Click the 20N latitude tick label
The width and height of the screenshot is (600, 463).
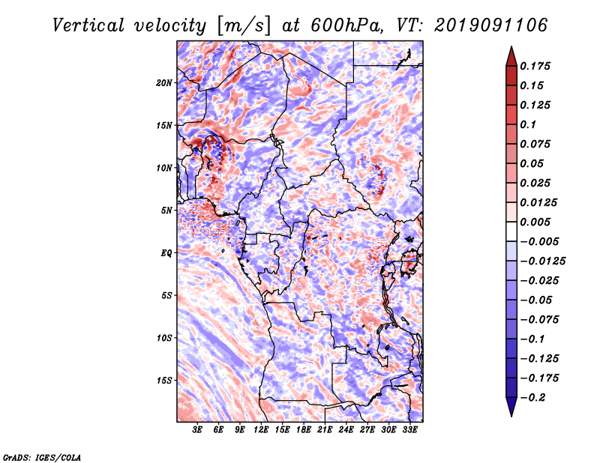164,83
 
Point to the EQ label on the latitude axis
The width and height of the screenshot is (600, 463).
166,253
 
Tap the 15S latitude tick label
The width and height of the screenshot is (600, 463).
164,381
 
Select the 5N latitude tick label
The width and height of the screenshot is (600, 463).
166,211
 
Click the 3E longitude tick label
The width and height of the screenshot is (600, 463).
197,430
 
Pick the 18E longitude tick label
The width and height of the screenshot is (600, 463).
304,430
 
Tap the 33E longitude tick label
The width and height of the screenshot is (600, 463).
409,430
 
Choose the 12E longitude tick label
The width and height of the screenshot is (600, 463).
261,430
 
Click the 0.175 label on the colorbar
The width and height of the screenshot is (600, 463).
535,66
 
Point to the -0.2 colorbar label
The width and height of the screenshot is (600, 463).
532,398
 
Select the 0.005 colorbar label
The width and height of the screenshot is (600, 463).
535,222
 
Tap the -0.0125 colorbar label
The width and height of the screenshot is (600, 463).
542,261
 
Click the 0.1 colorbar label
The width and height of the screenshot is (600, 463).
528,124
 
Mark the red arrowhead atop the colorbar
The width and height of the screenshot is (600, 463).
511,56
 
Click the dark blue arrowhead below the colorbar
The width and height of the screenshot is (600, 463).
511,407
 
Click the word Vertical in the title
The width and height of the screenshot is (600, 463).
88,25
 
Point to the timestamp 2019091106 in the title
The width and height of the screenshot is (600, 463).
491,25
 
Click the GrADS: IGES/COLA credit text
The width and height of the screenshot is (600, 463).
42,458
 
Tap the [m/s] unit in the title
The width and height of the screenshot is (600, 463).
244,26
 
